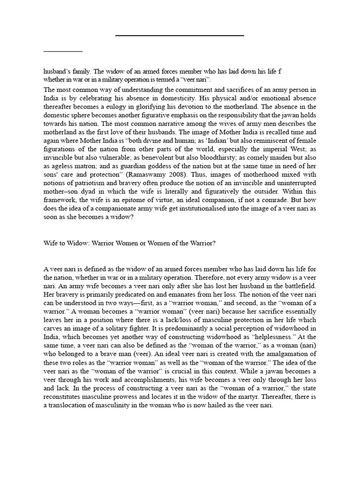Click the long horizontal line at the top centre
[x=180, y=35]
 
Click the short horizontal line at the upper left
[x=63, y=51]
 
